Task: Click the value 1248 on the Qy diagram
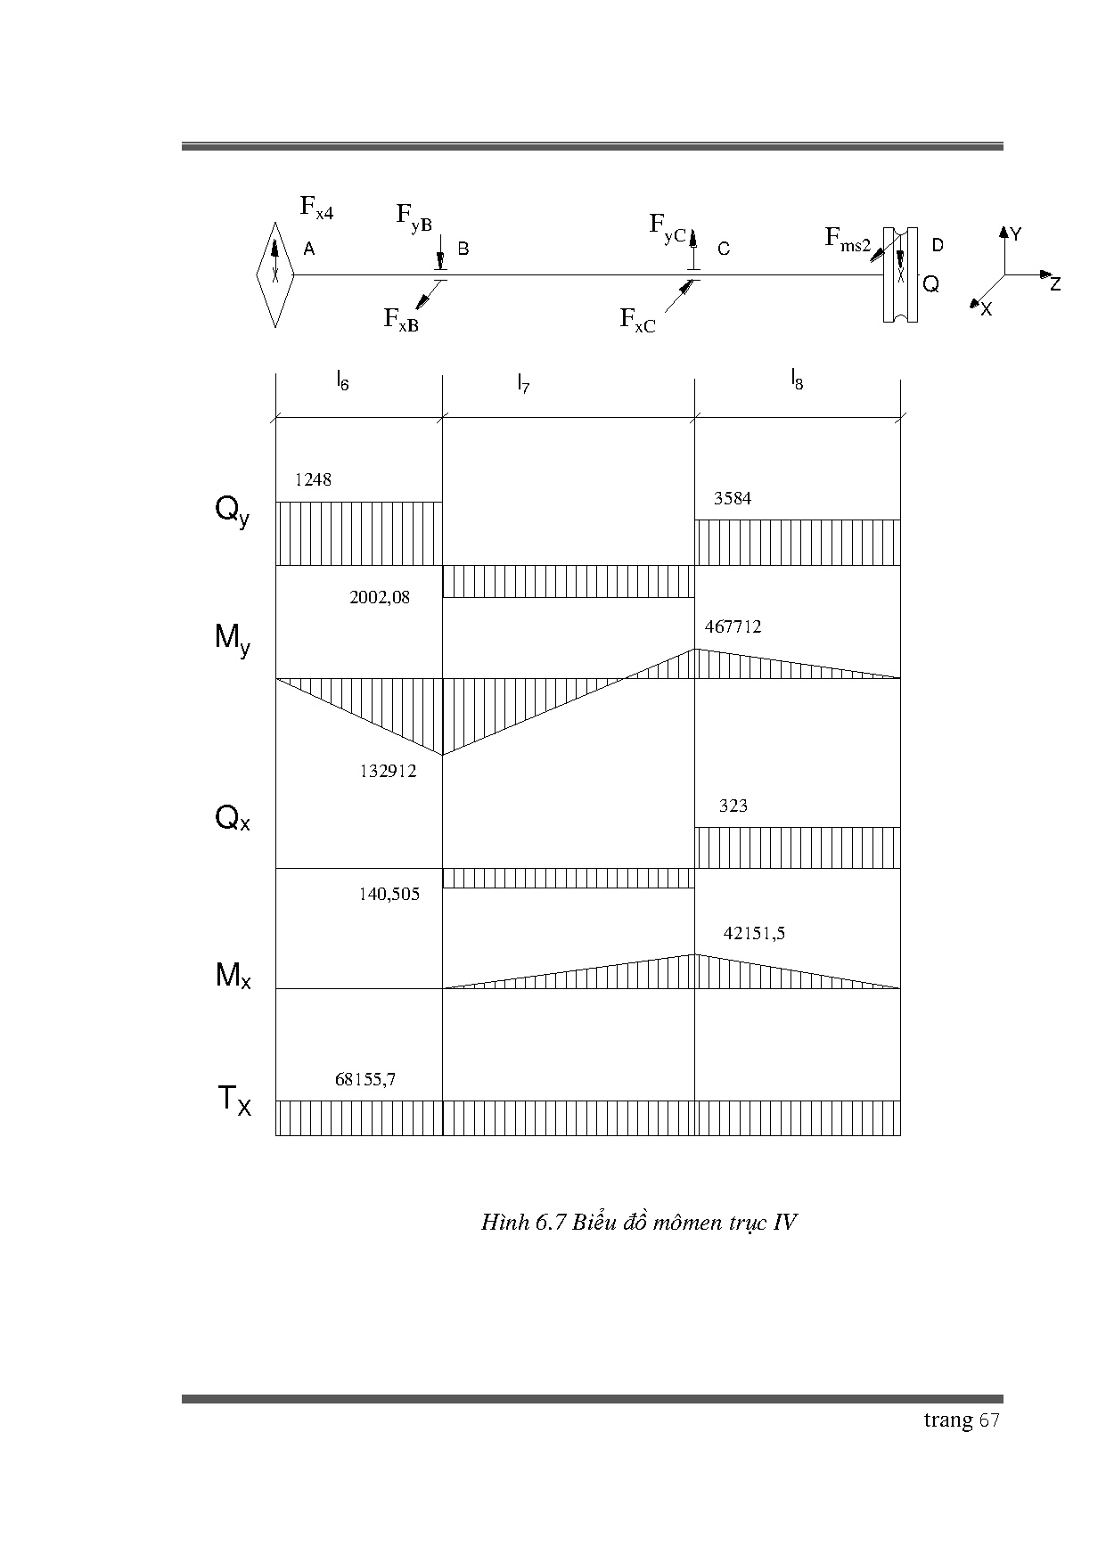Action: click(x=313, y=479)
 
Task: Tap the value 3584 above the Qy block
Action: click(x=732, y=498)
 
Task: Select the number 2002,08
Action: click(x=380, y=597)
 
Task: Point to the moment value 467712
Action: click(x=733, y=626)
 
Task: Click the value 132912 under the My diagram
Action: click(x=388, y=771)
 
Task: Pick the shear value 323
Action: click(x=733, y=806)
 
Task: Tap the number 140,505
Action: click(x=389, y=894)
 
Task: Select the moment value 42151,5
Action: click(x=754, y=933)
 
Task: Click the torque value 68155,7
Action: click(x=365, y=1079)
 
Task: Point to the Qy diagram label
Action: click(x=232, y=511)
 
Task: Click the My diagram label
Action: click(x=233, y=639)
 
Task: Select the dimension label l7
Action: click(x=523, y=383)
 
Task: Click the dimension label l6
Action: click(x=342, y=381)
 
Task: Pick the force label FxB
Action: click(x=401, y=319)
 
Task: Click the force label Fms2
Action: click(x=847, y=239)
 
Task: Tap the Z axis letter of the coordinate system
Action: click(x=1054, y=284)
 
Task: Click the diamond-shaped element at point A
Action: click(x=275, y=274)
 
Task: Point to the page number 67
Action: click(x=989, y=1420)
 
